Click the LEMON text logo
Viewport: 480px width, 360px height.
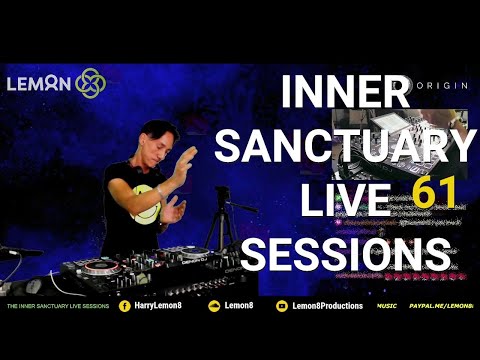click(38, 83)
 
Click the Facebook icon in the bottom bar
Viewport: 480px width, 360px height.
click(125, 305)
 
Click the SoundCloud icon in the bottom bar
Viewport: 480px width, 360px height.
click(213, 305)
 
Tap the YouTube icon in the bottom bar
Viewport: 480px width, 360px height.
click(282, 305)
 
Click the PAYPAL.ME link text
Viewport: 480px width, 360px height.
click(444, 305)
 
